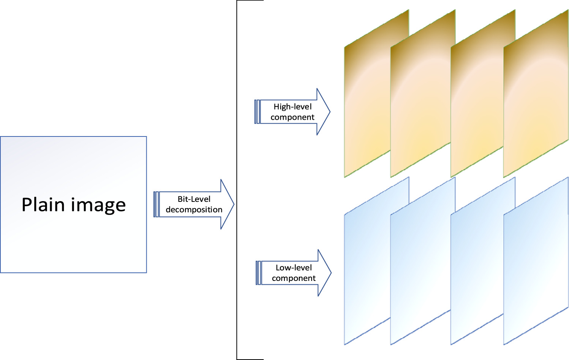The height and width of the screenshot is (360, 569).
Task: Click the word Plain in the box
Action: (43, 205)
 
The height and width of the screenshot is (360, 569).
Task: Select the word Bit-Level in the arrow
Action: (194, 199)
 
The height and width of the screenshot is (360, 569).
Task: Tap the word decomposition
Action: (194, 210)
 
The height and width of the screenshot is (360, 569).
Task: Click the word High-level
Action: (292, 107)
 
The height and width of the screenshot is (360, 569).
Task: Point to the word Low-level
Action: (294, 268)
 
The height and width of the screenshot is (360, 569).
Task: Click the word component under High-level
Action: (292, 117)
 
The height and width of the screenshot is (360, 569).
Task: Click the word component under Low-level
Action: (294, 278)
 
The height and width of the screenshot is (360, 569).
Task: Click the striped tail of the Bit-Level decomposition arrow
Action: (156, 205)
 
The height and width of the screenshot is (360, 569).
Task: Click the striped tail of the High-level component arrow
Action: (257, 112)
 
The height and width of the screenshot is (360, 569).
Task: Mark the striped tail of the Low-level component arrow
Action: (259, 273)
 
